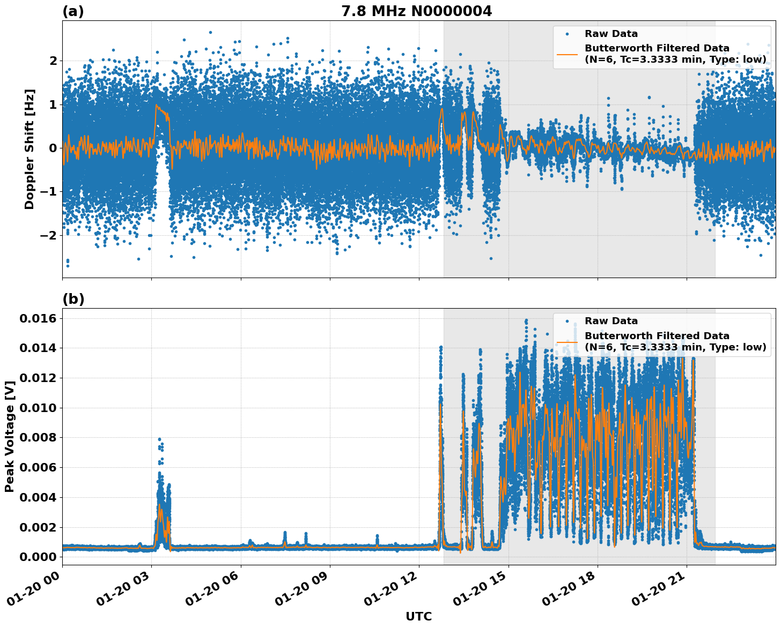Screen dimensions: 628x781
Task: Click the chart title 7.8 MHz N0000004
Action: point(416,11)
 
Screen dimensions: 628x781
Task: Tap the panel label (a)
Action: point(73,11)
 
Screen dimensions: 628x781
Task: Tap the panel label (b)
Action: point(73,299)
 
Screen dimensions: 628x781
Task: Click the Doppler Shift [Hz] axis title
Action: point(30,149)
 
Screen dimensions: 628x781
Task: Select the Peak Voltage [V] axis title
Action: point(10,437)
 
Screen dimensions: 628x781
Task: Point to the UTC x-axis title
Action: point(418,616)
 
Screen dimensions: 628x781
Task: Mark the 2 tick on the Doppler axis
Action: point(53,61)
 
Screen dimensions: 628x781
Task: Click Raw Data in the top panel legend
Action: point(611,34)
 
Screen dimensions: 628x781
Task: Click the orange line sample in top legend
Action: point(567,54)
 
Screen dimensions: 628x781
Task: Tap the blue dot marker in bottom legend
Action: point(567,321)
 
